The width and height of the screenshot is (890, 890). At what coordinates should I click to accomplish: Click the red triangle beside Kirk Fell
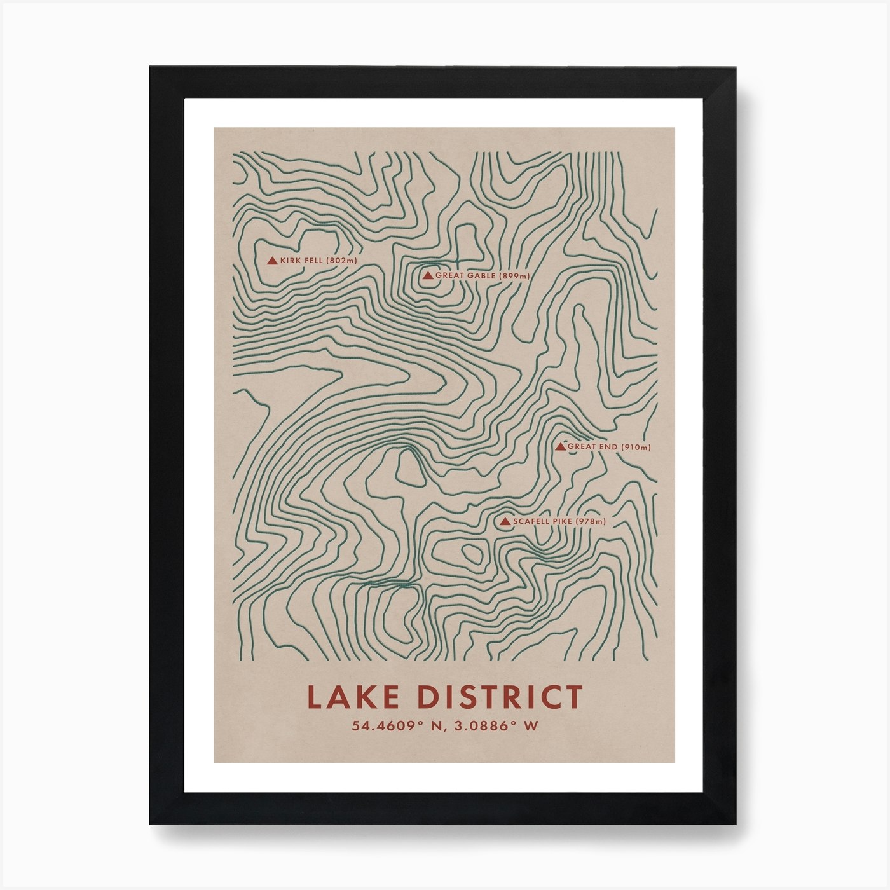click(272, 261)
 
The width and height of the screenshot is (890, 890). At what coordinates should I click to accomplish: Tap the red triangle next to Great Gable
click(428, 276)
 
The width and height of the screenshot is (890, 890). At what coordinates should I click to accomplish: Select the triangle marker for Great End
click(560, 447)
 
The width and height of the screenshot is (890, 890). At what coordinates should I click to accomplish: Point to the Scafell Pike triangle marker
click(505, 522)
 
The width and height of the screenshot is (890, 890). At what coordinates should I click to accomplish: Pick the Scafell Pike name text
click(543, 522)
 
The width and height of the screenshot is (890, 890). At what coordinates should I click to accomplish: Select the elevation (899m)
click(514, 276)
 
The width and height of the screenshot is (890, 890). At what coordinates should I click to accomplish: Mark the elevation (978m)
click(591, 522)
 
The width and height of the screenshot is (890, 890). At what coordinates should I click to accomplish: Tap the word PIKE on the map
click(563, 522)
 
